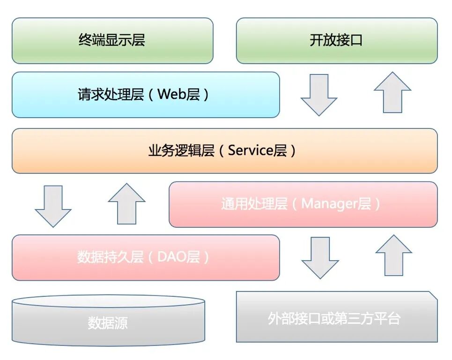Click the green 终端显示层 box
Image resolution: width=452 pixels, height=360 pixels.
[112, 40]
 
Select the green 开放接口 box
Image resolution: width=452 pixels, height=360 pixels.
[336, 40]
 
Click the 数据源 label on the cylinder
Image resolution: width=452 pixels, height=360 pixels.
[108, 323]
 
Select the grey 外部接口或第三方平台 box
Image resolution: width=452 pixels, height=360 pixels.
[334, 319]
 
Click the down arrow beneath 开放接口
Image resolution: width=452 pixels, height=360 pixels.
[319, 95]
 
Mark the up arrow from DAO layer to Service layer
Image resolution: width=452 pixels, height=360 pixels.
[126, 204]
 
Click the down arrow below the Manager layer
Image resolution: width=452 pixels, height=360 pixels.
[320, 257]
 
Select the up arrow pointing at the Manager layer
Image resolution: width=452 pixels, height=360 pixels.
[393, 255]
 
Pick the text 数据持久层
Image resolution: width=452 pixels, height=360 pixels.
[110, 257]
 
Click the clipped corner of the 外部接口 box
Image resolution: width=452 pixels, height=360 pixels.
[432, 296]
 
